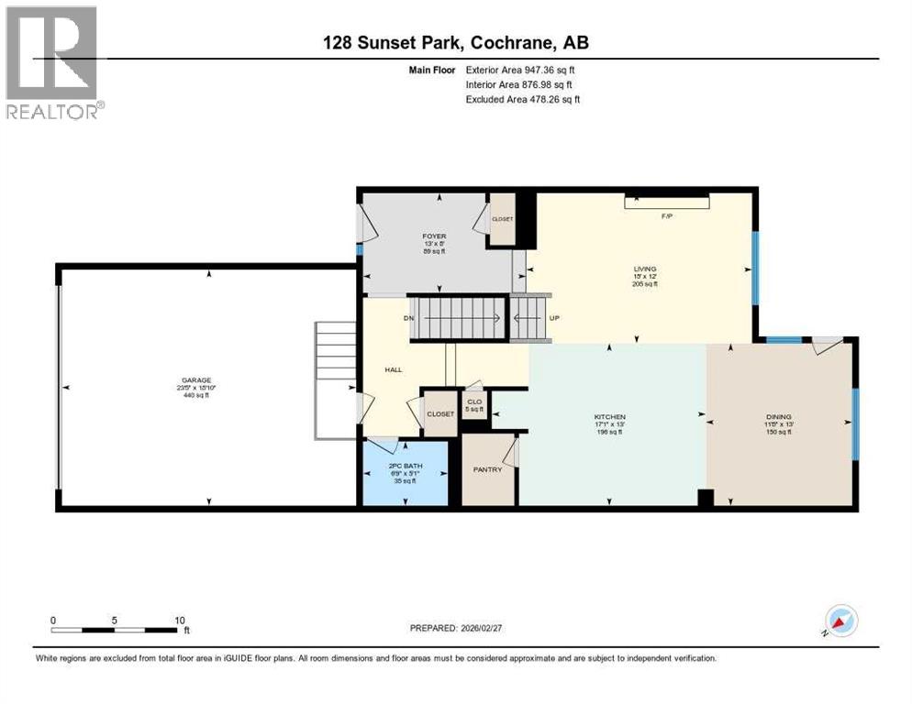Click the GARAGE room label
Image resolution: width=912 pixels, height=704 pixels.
click(196, 379)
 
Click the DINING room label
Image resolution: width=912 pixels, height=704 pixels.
click(779, 417)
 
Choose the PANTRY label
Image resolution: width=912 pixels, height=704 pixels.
click(487, 469)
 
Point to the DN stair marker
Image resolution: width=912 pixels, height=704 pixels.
click(409, 318)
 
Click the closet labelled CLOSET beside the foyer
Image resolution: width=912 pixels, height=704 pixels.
click(502, 220)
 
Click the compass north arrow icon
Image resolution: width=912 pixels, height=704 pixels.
click(840, 621)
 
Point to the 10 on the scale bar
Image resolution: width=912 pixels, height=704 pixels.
click(180, 620)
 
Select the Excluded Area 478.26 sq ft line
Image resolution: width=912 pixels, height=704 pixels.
click(523, 99)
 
